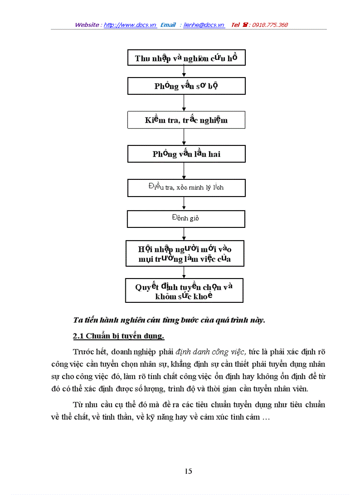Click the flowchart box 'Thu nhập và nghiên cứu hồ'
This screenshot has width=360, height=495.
pos(186,58)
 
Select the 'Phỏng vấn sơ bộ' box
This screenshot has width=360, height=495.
pos(186,86)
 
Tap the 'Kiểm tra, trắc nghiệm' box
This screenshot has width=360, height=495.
pos(186,120)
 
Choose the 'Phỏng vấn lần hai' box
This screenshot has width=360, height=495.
pos(186,154)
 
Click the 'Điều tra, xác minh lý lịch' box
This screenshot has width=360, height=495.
pos(186,187)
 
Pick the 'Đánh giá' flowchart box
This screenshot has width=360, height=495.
pos(186,219)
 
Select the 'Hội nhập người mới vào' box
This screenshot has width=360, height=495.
pos(184,253)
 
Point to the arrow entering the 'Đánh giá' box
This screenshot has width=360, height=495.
pos(184,203)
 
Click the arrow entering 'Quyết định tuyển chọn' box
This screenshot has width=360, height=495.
pos(184,272)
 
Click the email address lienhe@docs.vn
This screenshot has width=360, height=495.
pos(204,25)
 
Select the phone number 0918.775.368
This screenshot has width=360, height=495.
pos(270,25)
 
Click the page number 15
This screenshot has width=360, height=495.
pos(188,471)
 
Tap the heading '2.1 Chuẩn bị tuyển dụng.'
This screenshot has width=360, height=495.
pos(118,336)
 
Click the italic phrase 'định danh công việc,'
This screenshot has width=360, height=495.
pos(211,352)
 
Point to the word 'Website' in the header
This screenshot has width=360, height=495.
pos(87,25)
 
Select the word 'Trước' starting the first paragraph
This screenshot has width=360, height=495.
pos(82,352)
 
